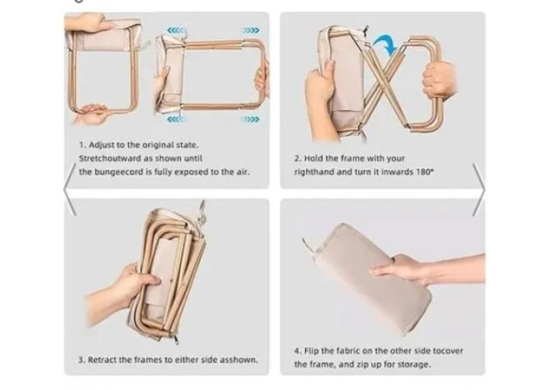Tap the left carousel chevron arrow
[70, 190]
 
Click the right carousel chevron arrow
[479, 190]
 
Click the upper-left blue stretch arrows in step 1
[175, 30]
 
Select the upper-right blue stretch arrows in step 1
[250, 30]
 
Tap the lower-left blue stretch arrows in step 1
[175, 120]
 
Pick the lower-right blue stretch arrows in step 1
[250, 120]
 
